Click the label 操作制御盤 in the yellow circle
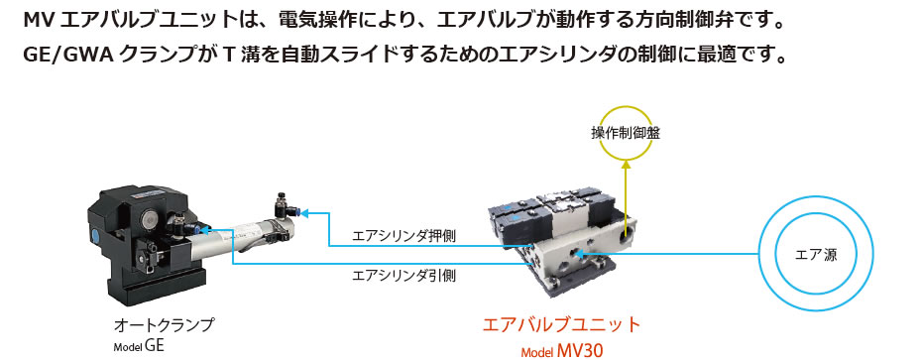(626, 134)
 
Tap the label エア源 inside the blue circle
(816, 255)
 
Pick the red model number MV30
(581, 352)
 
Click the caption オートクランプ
(164, 324)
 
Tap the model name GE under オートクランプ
(155, 345)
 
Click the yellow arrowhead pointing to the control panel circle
(626, 166)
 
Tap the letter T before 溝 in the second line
(229, 57)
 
